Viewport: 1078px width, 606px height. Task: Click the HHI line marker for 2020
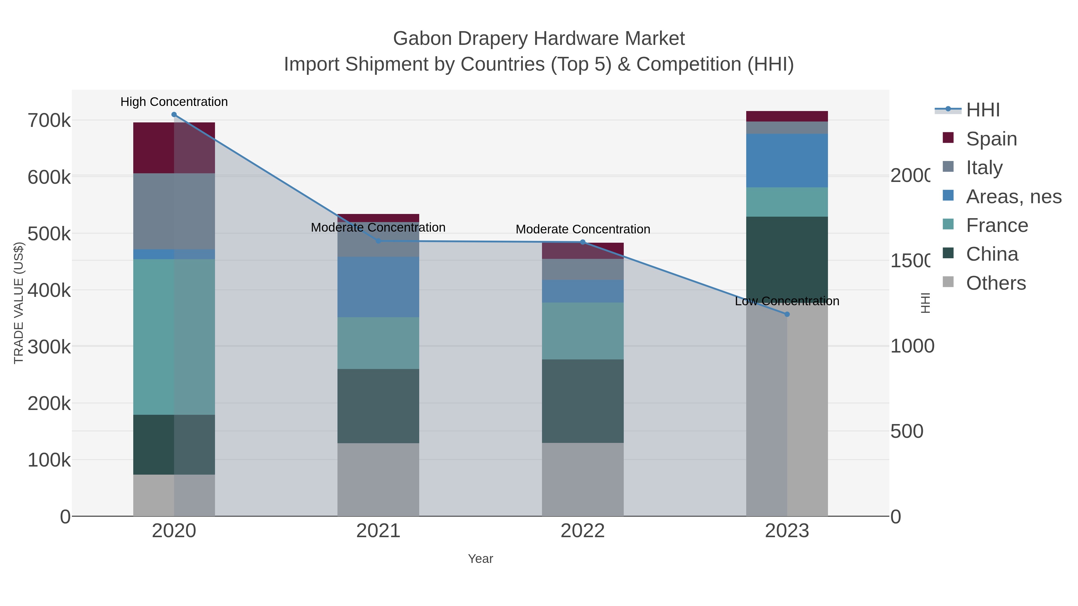click(174, 115)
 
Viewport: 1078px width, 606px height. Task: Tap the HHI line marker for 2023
click(787, 314)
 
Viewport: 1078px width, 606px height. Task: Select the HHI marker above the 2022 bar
click(582, 242)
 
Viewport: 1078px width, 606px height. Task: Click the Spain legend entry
click(991, 139)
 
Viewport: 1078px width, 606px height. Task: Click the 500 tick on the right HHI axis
click(906, 431)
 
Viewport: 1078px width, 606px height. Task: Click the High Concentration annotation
click(174, 102)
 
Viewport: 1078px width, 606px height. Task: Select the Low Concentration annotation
click(787, 301)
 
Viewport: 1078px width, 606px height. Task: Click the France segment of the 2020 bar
click(174, 337)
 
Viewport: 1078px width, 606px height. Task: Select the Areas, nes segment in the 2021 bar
click(378, 287)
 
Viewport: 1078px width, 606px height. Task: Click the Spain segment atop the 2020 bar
click(174, 148)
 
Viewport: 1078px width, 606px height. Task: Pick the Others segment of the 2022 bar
click(582, 479)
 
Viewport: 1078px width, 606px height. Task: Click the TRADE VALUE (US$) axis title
click(19, 303)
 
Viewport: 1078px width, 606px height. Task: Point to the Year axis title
click(480, 559)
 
